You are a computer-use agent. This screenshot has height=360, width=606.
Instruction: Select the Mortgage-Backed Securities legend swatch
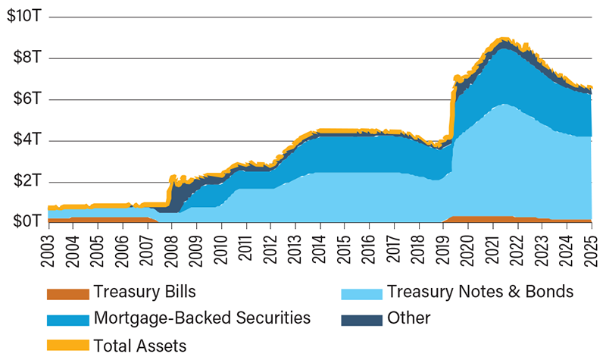(67, 319)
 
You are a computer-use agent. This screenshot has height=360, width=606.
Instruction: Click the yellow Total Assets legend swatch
(67, 345)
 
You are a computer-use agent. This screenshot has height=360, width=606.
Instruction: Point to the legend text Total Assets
(140, 345)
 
